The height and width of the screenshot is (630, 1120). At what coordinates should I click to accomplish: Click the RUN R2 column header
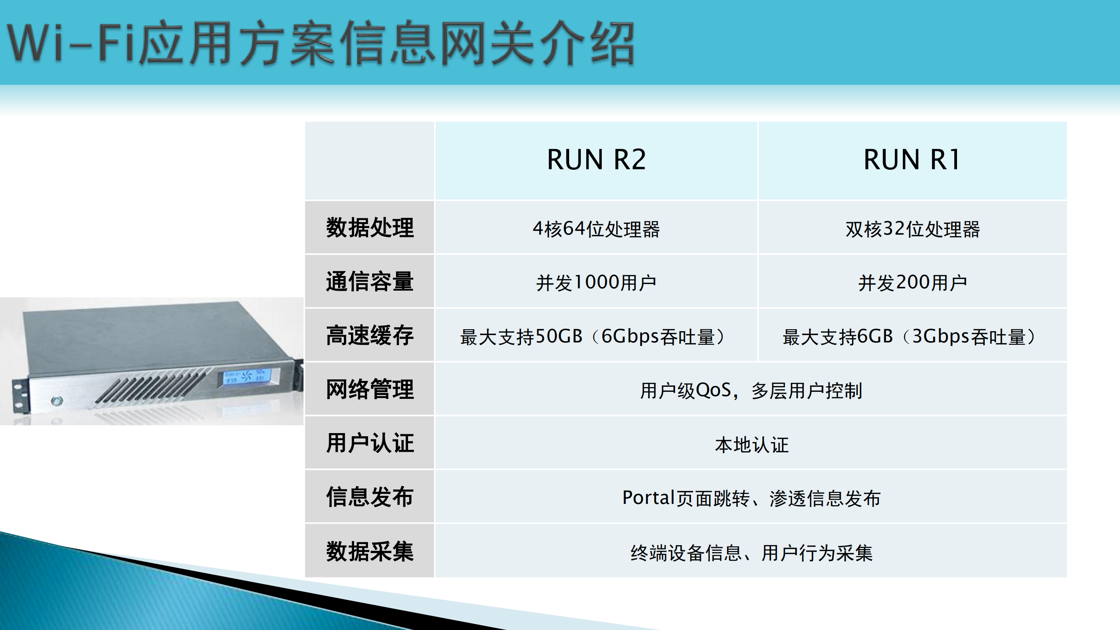click(596, 160)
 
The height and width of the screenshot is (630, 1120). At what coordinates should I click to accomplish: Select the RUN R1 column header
click(912, 160)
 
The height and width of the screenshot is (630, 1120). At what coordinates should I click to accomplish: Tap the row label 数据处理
click(370, 227)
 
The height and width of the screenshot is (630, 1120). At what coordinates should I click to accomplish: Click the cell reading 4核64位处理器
click(596, 229)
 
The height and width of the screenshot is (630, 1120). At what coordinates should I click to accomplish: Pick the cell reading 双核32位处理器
click(912, 229)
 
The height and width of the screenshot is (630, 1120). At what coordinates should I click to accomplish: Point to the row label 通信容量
click(370, 281)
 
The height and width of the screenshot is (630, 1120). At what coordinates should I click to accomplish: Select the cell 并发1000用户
click(596, 283)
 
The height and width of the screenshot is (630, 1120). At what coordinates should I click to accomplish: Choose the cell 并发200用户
click(912, 283)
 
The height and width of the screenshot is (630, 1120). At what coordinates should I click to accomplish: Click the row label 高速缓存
click(370, 335)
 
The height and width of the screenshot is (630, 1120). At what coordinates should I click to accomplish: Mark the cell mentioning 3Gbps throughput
click(911, 337)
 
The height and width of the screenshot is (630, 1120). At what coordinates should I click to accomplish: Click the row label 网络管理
click(370, 389)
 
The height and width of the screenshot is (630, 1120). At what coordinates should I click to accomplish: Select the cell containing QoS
click(751, 390)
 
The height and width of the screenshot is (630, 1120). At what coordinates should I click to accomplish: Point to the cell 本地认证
click(751, 444)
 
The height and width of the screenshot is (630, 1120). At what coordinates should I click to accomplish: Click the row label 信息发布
click(370, 497)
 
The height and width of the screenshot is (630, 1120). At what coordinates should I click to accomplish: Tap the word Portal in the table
click(648, 498)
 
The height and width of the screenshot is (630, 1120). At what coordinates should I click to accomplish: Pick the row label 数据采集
click(370, 551)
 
